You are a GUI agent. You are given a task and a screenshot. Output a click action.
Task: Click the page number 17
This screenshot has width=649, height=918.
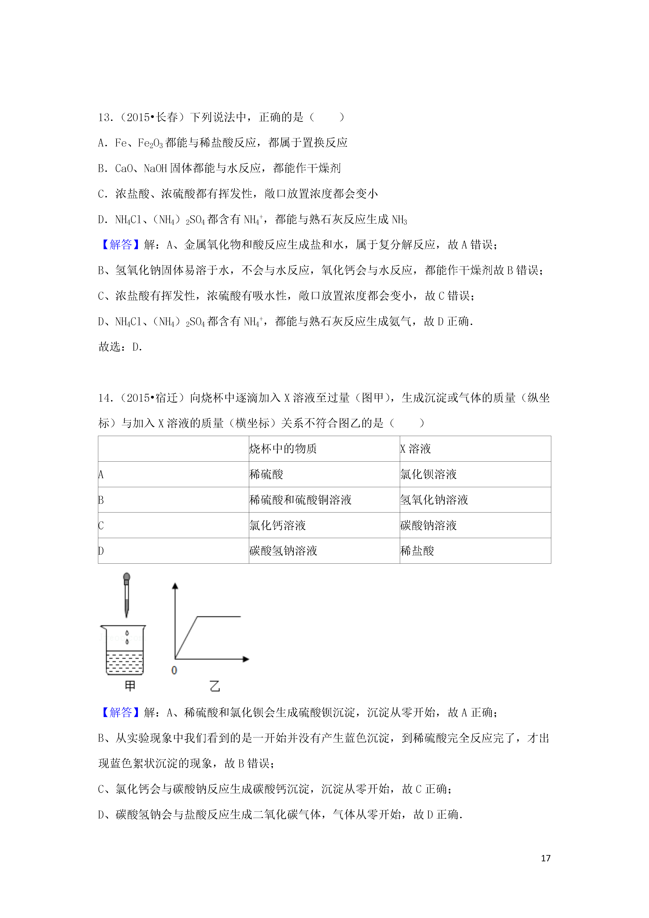tap(545, 858)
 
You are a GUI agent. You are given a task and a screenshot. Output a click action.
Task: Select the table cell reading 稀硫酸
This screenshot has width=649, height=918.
tap(266, 475)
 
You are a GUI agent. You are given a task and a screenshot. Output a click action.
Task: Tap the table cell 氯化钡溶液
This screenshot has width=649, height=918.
tap(428, 475)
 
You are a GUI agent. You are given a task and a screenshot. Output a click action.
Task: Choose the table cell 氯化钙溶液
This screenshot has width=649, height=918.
tap(277, 525)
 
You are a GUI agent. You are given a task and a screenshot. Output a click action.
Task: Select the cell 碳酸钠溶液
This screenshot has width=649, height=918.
tap(428, 525)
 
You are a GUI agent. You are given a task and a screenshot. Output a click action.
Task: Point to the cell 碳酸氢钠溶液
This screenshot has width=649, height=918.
tap(283, 551)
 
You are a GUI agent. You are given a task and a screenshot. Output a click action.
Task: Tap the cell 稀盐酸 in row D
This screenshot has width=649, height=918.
tap(417, 551)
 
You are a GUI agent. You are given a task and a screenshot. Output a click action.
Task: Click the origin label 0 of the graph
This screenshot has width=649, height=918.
tap(174, 670)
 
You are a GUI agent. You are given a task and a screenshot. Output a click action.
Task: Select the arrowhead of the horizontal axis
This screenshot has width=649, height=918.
tap(246, 659)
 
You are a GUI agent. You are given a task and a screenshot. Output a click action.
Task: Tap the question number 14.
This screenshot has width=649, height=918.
tap(106, 398)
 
